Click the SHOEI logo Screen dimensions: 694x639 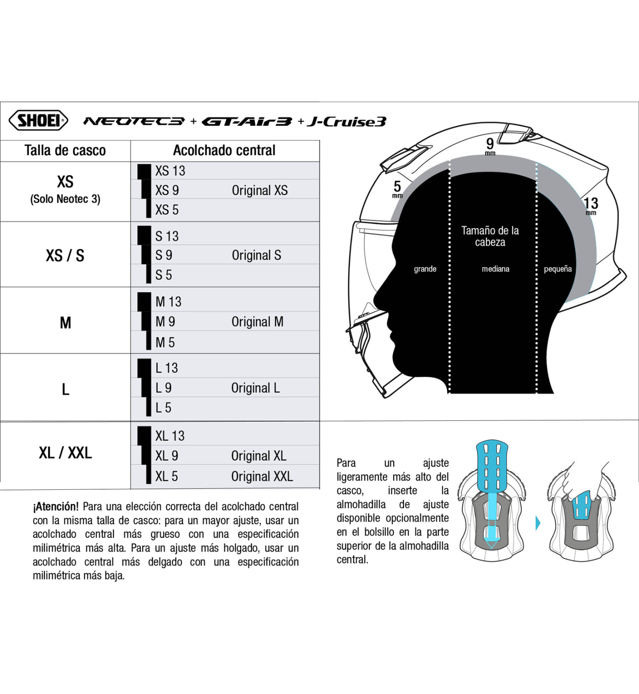(39, 121)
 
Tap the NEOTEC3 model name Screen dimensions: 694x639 (134, 122)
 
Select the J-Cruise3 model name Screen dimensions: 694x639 (347, 122)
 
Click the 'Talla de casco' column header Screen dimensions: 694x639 (65, 151)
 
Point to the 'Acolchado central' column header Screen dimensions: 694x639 (224, 151)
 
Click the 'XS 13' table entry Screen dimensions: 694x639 (170, 171)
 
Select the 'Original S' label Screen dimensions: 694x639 (257, 255)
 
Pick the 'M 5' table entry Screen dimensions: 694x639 (165, 343)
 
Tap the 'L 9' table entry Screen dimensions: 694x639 (164, 388)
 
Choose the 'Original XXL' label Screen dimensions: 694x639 (262, 476)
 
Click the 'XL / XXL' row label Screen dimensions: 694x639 (65, 453)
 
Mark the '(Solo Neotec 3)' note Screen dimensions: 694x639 (65, 199)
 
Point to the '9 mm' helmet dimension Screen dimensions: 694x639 (490, 145)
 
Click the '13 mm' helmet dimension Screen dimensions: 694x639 (590, 205)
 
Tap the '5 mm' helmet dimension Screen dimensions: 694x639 (397, 188)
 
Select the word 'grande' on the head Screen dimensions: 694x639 (425, 269)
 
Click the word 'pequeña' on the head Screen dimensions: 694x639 (558, 269)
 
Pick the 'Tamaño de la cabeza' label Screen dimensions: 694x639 (490, 236)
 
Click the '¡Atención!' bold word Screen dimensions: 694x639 (56, 507)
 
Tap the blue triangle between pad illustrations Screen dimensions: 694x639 (538, 523)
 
